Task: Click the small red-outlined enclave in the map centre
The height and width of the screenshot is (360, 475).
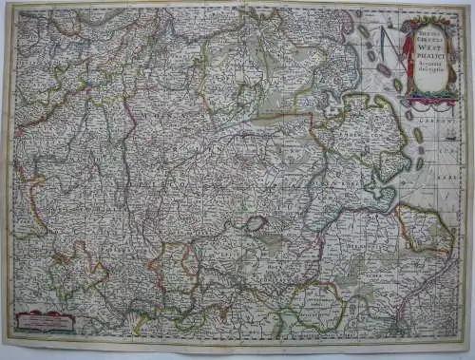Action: [x=255, y=224]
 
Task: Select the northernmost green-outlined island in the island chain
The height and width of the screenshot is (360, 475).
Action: [x=364, y=31]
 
